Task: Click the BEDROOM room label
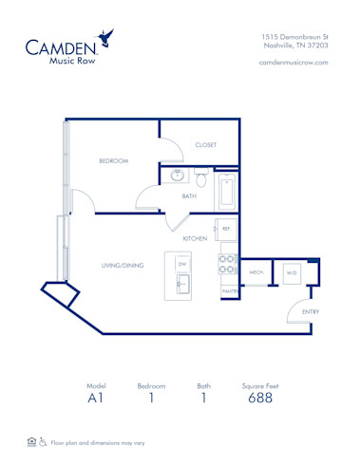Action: point(113,161)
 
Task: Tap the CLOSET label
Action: point(206,145)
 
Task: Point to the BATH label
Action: point(190,196)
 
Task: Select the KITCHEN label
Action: point(195,238)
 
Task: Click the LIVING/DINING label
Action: point(122,266)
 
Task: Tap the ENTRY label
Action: point(310,311)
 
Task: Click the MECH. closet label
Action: point(256,272)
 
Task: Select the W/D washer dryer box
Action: point(291,272)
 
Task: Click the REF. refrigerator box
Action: point(227,229)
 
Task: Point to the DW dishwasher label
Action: point(181,264)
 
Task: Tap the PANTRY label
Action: point(228,290)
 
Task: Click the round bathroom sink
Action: point(178,176)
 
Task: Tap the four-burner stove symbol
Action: point(228,263)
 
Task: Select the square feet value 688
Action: point(260,399)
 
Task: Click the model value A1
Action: point(96,399)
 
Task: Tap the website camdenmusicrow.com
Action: point(293,62)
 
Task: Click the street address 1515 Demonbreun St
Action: point(294,35)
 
